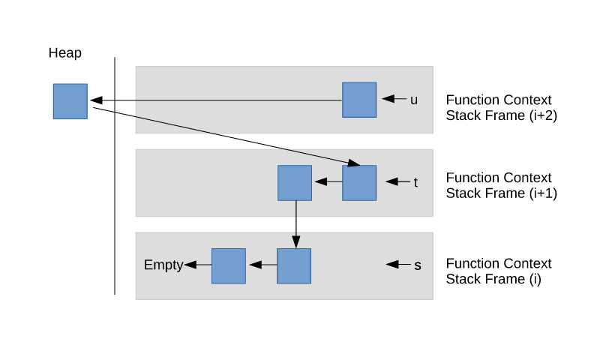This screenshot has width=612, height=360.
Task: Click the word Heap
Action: click(65, 53)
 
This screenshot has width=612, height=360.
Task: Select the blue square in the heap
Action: click(70, 101)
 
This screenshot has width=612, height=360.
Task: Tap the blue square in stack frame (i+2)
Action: click(359, 100)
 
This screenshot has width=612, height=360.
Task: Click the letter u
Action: click(413, 99)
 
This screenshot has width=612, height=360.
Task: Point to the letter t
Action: click(415, 182)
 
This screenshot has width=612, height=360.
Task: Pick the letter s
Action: click(418, 265)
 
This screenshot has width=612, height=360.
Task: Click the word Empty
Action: click(163, 265)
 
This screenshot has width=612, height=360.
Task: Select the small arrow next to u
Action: click(393, 99)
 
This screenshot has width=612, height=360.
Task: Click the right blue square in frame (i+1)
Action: click(359, 183)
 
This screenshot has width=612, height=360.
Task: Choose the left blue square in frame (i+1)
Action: click(295, 183)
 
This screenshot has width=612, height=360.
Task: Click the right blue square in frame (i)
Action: click(294, 265)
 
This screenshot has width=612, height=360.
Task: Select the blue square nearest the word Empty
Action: click(229, 265)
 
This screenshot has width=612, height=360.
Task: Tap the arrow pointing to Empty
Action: click(197, 265)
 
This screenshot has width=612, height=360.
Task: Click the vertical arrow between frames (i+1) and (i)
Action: click(295, 224)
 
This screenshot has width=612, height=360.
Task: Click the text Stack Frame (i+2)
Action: click(501, 116)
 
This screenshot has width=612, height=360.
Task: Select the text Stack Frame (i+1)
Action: click(501, 193)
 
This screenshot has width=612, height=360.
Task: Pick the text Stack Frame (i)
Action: click(493, 280)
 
